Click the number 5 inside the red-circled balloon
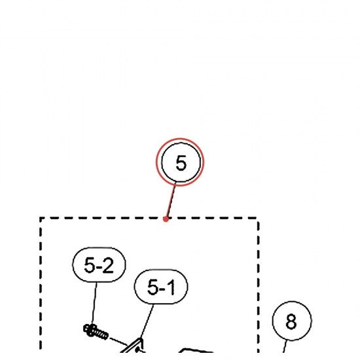pyautogui.click(x=181, y=163)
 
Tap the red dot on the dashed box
pyautogui.click(x=166, y=219)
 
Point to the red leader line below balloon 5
pyautogui.click(x=171, y=200)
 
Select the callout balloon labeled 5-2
pyautogui.click(x=99, y=264)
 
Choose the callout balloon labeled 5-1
pyautogui.click(x=161, y=287)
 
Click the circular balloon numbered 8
pyautogui.click(x=292, y=321)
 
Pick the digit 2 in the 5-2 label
pyautogui.click(x=107, y=265)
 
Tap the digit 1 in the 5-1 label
pyautogui.click(x=171, y=287)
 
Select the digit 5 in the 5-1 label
pyautogui.click(x=153, y=287)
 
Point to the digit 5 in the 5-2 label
pyautogui.click(x=90, y=265)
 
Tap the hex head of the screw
pyautogui.click(x=89, y=330)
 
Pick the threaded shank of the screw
pyautogui.click(x=101, y=334)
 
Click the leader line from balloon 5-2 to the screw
pyautogui.click(x=94, y=303)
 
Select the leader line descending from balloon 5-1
pyautogui.click(x=147, y=321)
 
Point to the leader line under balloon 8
pyautogui.click(x=285, y=346)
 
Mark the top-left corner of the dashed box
pyautogui.click(x=41, y=218)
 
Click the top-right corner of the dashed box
pyautogui.click(x=259, y=218)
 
